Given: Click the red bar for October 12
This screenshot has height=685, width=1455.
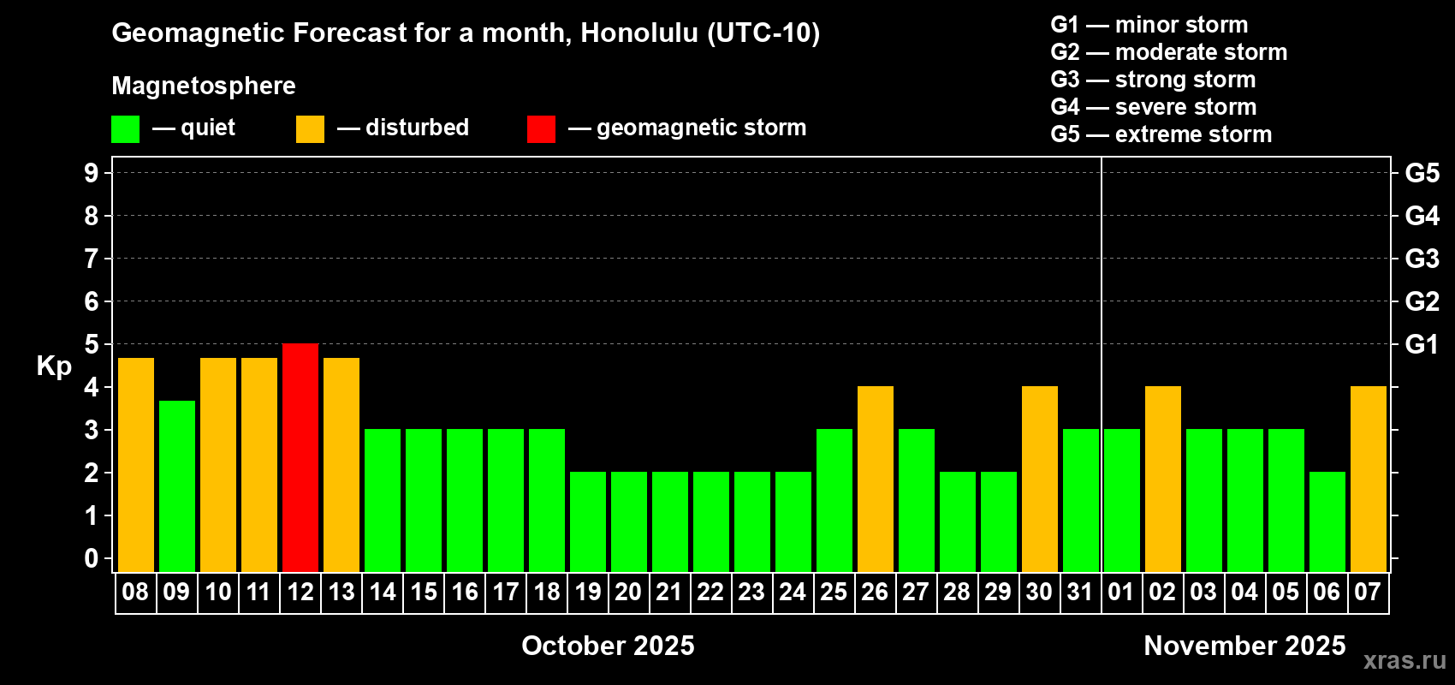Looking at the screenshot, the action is coord(300,457).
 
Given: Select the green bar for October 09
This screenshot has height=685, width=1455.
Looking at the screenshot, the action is coord(176,486).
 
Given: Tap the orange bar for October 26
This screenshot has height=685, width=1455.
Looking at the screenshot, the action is coord(875,479).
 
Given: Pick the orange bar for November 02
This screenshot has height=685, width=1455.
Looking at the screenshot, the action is coord(1162,479).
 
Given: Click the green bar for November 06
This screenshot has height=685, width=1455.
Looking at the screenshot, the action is coord(1327,521).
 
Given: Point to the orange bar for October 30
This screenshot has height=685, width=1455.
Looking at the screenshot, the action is coord(1039,479).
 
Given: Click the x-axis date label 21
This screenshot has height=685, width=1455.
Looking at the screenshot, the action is coord(668,592).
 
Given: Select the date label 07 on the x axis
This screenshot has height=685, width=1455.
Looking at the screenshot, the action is coord(1368,592).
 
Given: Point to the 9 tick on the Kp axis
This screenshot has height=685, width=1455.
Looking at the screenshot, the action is coord(91,173).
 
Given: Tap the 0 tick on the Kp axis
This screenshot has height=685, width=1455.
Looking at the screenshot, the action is coord(91,558).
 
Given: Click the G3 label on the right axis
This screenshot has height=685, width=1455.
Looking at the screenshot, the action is coord(1422,259).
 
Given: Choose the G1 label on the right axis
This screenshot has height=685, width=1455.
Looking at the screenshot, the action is coord(1422,344).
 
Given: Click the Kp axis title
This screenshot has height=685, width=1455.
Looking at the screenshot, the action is coord(54,366).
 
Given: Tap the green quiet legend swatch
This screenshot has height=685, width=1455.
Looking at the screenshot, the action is coord(125,128).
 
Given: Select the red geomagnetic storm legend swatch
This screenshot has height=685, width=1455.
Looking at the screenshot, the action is coord(542,128).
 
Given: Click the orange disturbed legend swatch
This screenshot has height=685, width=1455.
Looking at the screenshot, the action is coord(310,128).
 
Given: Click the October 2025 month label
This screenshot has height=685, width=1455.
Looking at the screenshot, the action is coord(608,646).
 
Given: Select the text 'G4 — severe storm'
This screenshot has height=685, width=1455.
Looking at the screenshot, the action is coord(1154,106).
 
